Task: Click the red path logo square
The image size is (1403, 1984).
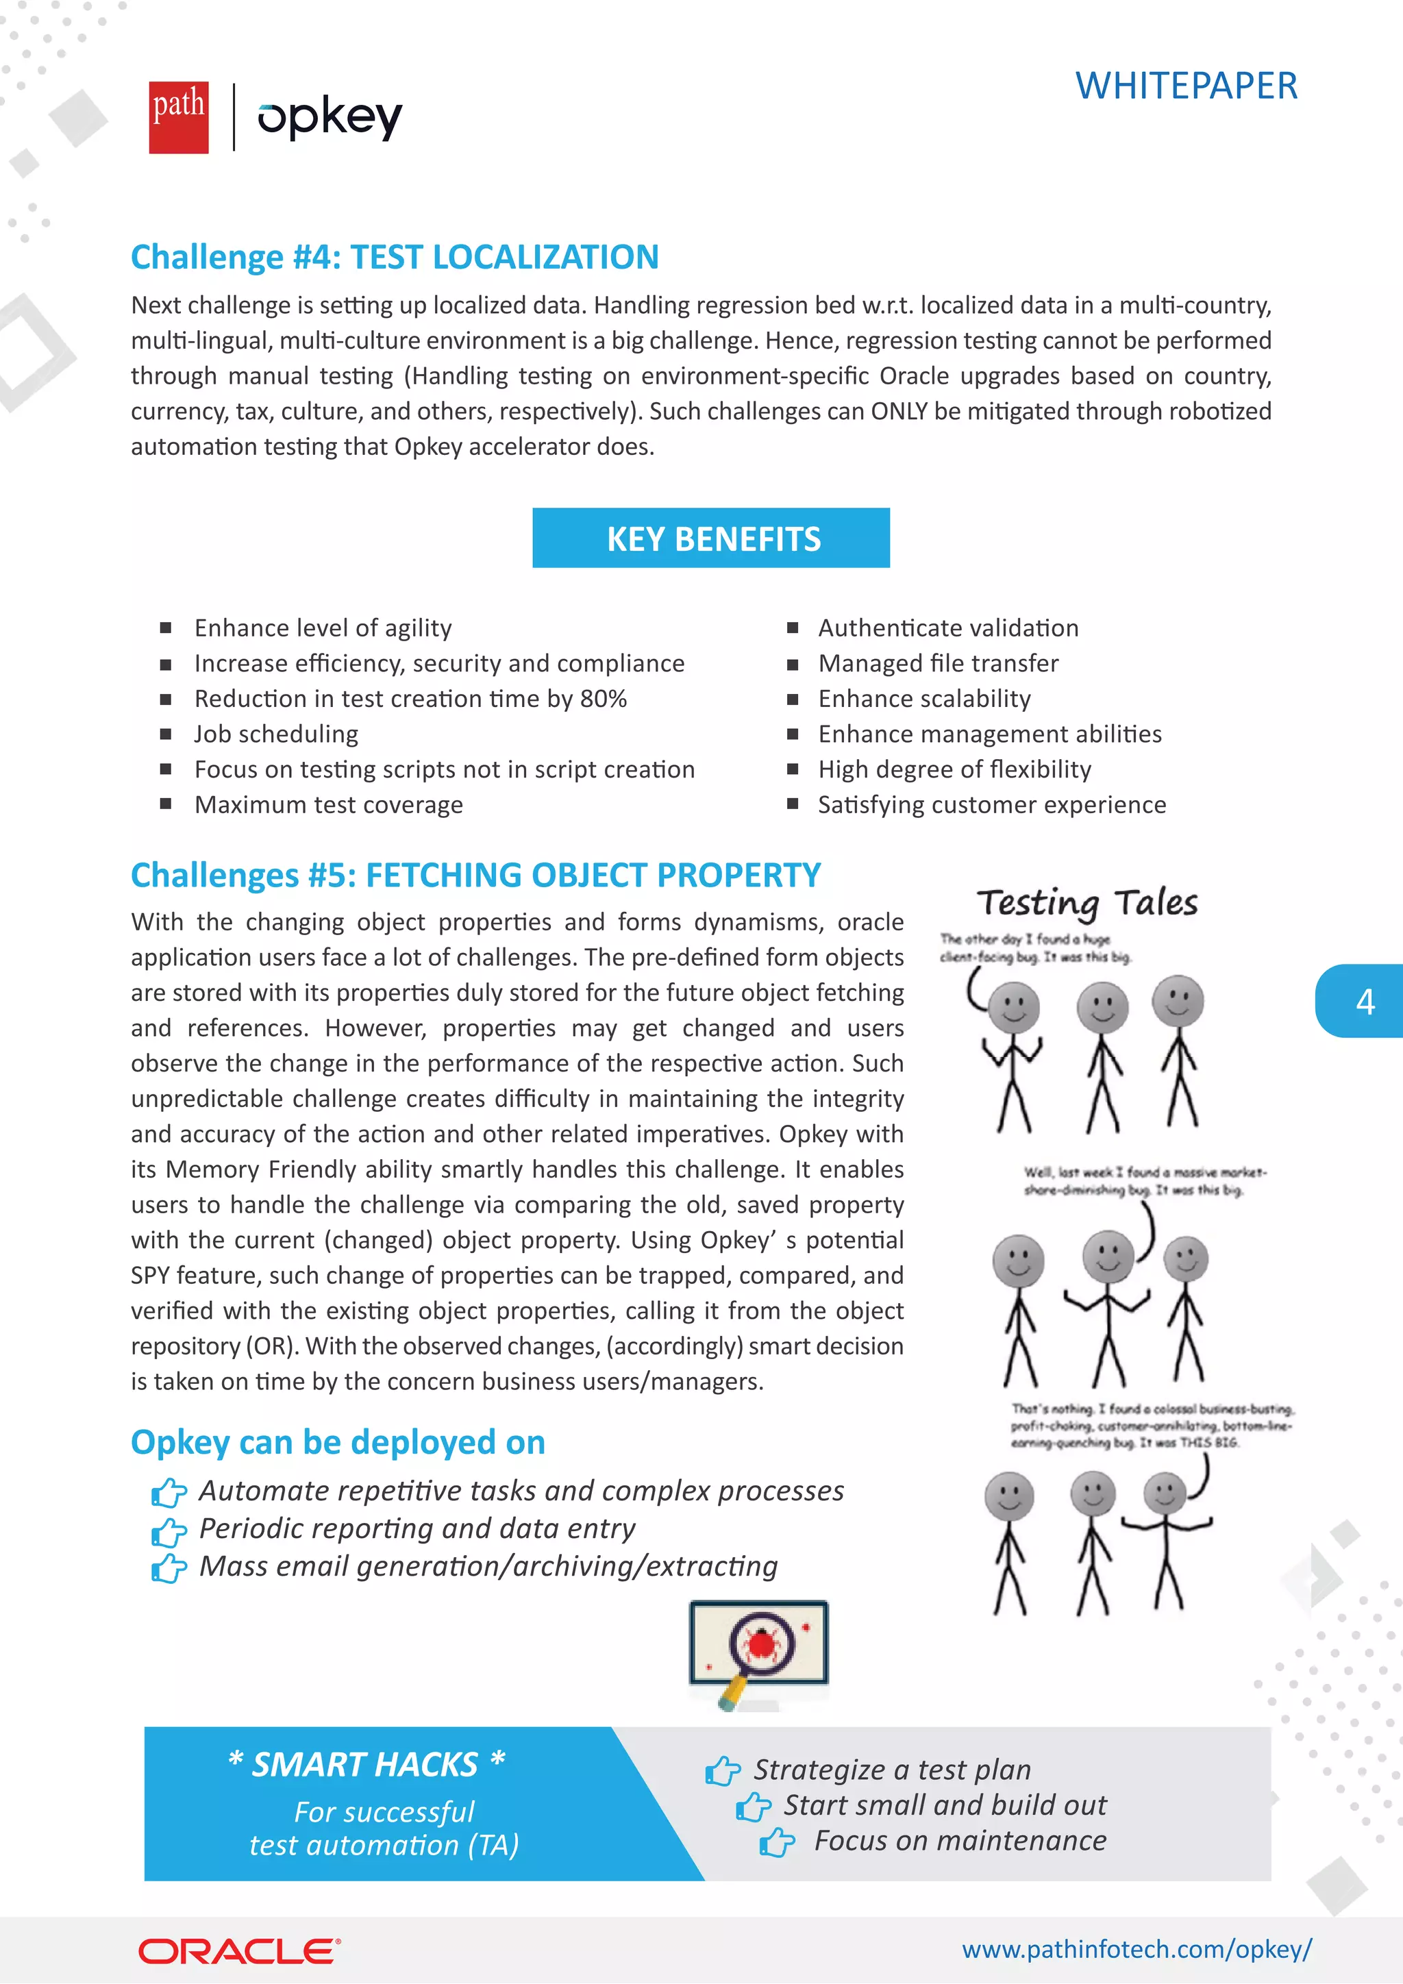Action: pos(178,118)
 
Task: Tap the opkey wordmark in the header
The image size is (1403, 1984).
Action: pos(330,118)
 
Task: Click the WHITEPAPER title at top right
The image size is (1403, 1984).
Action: pos(1185,86)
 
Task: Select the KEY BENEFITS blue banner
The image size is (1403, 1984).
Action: pos(711,538)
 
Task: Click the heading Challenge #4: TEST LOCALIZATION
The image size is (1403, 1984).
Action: pos(395,258)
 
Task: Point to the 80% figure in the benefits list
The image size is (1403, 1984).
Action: pos(603,698)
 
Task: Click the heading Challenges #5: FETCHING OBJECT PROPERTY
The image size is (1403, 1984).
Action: pos(475,876)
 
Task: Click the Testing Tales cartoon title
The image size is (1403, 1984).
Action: pos(1087,903)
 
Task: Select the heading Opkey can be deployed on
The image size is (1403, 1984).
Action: pos(338,1442)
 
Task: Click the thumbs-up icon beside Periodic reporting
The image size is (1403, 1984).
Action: pos(169,1531)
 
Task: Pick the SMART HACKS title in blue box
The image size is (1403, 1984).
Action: pos(365,1765)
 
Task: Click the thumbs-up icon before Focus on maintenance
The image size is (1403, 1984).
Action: pos(777,1842)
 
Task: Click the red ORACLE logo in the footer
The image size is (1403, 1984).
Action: pos(239,1951)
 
